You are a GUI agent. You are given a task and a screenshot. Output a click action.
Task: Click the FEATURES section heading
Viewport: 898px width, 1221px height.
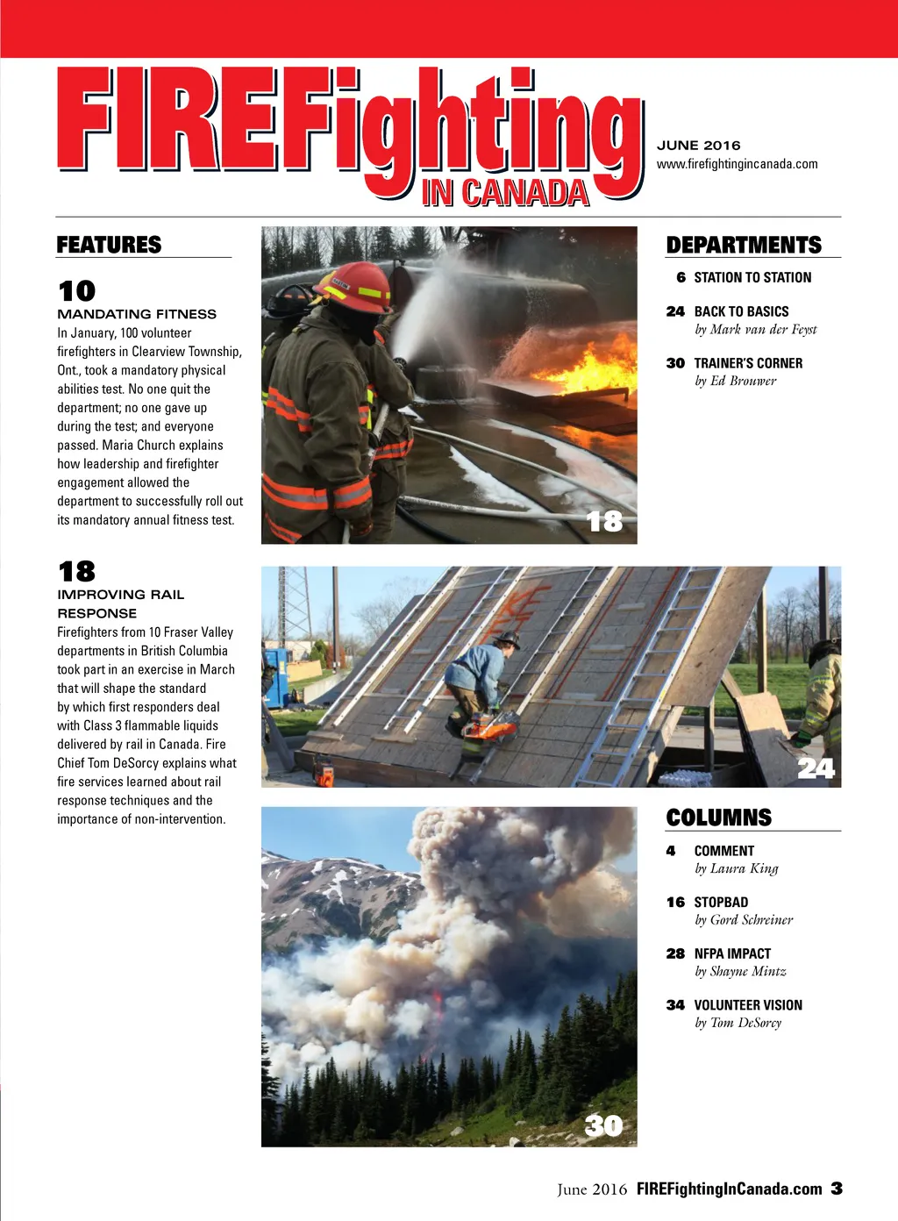pos(109,245)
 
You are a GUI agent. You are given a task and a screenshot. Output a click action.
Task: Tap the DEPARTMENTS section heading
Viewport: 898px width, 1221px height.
pos(743,245)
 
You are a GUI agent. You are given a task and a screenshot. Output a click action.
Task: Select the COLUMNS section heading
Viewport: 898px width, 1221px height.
pos(718,818)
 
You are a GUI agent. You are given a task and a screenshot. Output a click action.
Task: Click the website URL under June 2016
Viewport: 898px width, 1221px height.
pos(737,164)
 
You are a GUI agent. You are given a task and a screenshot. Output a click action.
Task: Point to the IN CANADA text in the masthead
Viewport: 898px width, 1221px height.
pos(504,193)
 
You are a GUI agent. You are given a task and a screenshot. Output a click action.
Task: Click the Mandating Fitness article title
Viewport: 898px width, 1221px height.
pos(137,314)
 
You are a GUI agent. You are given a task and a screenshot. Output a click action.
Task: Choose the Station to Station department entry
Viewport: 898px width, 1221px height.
pos(752,277)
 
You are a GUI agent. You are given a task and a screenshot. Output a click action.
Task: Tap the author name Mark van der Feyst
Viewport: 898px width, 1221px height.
pos(755,330)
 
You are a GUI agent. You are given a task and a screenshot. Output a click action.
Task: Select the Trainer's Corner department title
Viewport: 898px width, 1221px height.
pos(748,363)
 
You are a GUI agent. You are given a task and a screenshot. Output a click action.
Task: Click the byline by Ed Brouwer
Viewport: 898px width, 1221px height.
pos(735,381)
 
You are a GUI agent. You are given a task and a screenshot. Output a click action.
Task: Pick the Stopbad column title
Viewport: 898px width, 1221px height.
pos(721,902)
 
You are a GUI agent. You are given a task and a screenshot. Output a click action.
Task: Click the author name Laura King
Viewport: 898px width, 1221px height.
pos(736,868)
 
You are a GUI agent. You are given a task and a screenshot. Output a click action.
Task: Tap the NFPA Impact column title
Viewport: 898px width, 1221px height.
pos(732,953)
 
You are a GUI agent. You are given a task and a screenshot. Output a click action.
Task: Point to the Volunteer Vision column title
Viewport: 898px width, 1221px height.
pos(748,1005)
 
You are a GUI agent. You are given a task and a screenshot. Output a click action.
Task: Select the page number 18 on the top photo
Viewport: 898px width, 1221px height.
pos(604,522)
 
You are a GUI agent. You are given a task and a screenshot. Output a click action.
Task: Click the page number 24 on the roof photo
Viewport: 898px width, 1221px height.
pos(816,768)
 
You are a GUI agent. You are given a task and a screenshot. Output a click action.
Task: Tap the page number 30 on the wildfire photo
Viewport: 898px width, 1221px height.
pos(603,1125)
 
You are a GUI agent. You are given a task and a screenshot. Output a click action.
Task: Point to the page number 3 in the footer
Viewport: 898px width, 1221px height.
pos(837,1189)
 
